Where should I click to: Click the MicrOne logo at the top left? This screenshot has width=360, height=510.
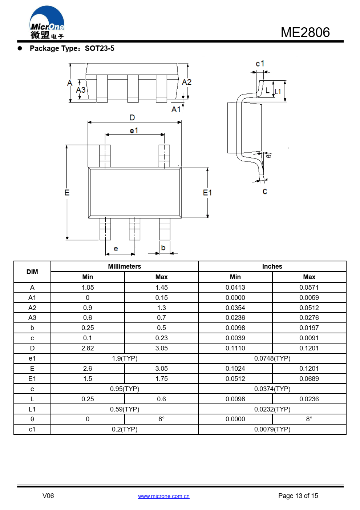pos(47,22)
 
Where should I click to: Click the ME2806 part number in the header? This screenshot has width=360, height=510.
pos(305,32)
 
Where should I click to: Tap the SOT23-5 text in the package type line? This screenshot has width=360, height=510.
pos(100,48)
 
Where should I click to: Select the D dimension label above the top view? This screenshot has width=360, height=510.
pos(132,117)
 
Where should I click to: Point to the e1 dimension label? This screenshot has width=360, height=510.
pos(134,131)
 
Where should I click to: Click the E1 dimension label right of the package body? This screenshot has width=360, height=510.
pos(207,193)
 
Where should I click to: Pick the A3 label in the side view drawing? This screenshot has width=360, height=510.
pos(81,90)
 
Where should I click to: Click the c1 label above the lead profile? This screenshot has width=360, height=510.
pos(260,64)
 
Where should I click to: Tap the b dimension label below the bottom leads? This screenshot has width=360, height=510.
pos(163,248)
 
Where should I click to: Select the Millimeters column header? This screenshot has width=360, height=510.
pos(125,266)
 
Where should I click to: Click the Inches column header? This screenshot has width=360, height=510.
pos(272,266)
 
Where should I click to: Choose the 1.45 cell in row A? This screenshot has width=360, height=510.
pos(161,288)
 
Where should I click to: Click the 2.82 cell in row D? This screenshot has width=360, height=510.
pos(88,348)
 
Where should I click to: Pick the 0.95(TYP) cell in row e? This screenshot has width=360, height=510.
pos(125,389)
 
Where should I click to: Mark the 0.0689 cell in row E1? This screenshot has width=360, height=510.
pos(309,379)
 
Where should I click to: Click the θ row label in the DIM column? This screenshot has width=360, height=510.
pos(32,419)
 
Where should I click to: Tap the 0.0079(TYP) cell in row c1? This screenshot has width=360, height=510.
pos(272,429)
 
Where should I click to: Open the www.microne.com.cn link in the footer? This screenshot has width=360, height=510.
pos(163,496)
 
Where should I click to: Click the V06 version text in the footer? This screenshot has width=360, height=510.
pos(48,496)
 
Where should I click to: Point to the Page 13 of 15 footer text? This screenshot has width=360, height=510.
pos(298,496)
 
